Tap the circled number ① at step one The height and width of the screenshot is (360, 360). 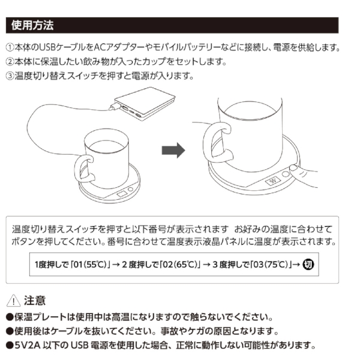(10, 47)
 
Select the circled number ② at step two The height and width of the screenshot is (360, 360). (10, 62)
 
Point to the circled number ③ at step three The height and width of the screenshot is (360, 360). (10, 76)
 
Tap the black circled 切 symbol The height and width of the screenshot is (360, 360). (309, 263)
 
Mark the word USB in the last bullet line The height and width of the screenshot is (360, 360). (80, 345)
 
